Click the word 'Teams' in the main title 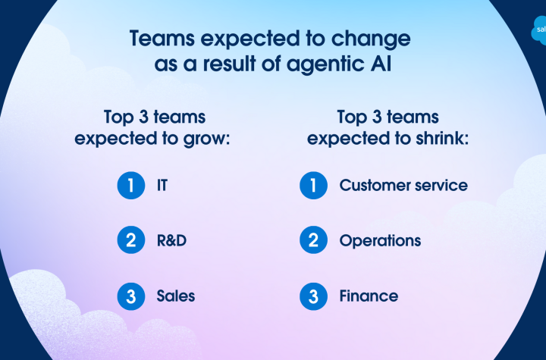pyautogui.click(x=162, y=38)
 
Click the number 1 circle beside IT pyautogui.click(x=131, y=185)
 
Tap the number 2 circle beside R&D pyautogui.click(x=131, y=240)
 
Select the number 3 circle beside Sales pyautogui.click(x=131, y=296)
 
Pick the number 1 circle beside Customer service pyautogui.click(x=313, y=185)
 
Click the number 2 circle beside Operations pyautogui.click(x=313, y=240)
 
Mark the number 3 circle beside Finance pyautogui.click(x=313, y=296)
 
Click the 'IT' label pyautogui.click(x=162, y=185)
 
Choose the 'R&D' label pyautogui.click(x=171, y=240)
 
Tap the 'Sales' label pyautogui.click(x=176, y=296)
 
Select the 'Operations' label pyautogui.click(x=380, y=241)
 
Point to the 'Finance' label pyautogui.click(x=369, y=296)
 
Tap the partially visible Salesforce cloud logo pyautogui.click(x=538, y=30)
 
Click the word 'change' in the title pyautogui.click(x=371, y=39)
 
